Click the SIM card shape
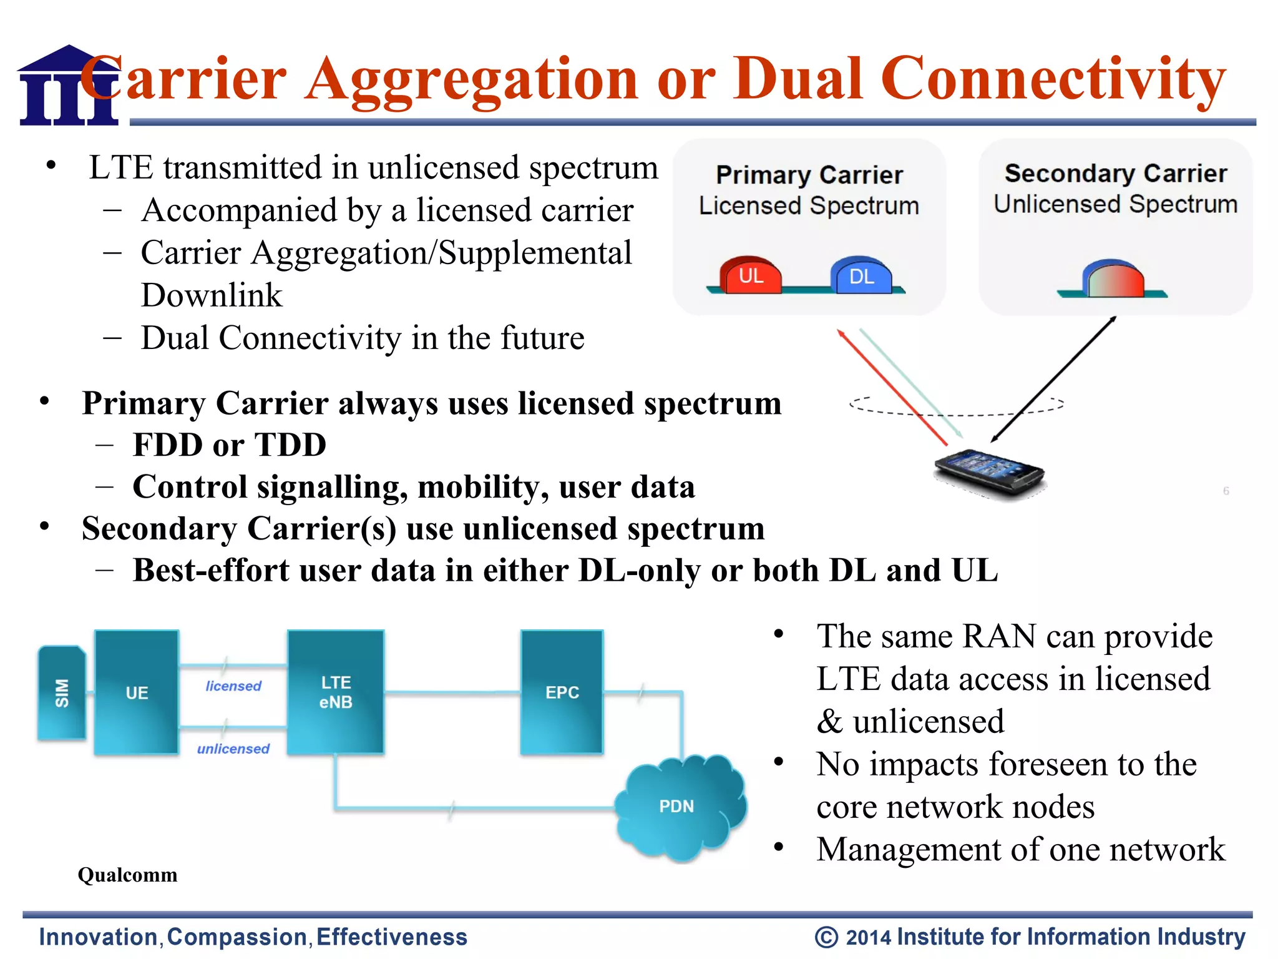pos(61,693)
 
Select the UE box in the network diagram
pos(137,692)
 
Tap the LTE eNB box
pos(336,692)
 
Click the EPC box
pos(562,692)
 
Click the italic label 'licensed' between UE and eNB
pos(233,686)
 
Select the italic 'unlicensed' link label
pos(233,749)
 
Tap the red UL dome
pos(751,275)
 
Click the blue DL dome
pos(861,275)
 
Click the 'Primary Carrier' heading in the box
pos(809,175)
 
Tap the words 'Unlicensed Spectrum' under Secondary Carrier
pos(1115,204)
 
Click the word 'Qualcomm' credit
pos(127,875)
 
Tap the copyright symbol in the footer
pos(826,937)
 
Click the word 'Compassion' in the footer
pos(237,937)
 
